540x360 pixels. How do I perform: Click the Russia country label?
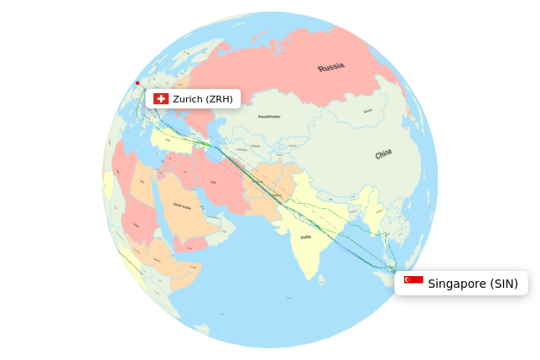[331, 67]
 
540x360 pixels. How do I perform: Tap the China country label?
[383, 154]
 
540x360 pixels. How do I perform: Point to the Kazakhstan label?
[269, 117]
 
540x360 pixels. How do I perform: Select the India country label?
[306, 237]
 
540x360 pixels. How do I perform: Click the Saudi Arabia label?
[182, 206]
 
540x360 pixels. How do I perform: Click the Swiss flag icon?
[161, 99]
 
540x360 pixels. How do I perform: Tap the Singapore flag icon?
[413, 280]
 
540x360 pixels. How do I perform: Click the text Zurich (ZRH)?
[203, 99]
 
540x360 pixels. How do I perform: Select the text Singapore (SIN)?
[473, 284]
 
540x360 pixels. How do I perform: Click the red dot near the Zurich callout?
[138, 83]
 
